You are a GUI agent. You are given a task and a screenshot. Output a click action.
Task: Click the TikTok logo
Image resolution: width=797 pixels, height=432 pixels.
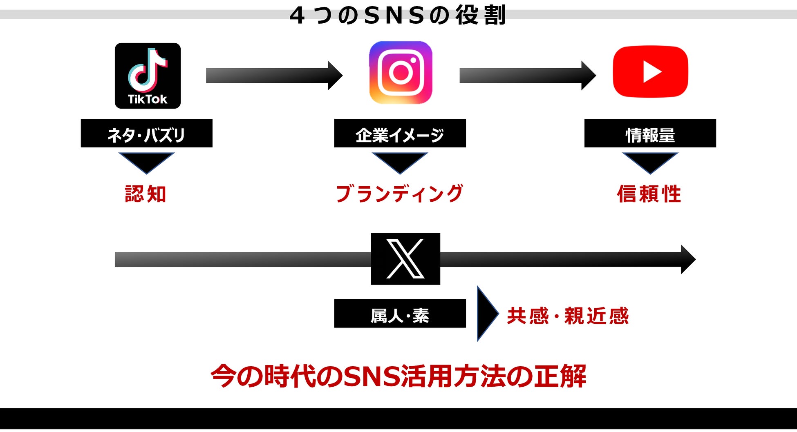148,76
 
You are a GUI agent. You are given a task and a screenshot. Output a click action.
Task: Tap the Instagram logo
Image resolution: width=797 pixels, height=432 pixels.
401,73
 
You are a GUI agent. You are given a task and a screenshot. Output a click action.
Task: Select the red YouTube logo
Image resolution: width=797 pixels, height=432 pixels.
650,72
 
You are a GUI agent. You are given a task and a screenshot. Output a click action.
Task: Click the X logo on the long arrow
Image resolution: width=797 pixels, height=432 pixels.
405,259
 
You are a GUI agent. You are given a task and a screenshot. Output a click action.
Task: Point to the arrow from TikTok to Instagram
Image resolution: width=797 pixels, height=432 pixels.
274,76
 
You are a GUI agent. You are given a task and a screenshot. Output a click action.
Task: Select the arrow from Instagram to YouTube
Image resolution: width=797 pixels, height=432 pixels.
527,76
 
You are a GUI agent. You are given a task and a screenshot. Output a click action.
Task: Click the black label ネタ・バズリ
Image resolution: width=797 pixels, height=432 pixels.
146,134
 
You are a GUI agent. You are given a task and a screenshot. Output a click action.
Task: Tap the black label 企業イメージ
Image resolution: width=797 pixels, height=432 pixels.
400,134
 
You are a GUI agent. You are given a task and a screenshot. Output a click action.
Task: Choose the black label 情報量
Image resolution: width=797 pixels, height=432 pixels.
650,134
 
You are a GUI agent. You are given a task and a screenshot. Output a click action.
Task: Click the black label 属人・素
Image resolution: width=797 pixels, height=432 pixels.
400,314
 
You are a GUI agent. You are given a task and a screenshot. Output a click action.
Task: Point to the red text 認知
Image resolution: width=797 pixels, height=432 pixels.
146,194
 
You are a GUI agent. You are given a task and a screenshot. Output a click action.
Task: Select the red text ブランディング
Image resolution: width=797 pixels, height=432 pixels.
399,194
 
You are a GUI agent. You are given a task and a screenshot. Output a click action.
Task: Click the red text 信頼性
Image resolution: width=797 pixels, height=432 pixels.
649,194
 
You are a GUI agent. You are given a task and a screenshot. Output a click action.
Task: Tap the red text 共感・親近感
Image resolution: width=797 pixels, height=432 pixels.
567,316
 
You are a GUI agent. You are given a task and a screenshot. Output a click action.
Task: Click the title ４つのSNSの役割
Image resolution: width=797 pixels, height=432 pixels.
398,16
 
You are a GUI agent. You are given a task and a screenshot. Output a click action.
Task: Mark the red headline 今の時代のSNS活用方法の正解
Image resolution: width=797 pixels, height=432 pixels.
398,376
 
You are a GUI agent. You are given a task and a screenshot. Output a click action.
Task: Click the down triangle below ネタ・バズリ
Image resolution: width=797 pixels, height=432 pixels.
146,162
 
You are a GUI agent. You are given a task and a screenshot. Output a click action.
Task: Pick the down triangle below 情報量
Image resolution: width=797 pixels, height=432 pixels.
650,162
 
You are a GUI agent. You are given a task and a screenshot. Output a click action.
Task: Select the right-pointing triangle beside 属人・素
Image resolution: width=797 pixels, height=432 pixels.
486,314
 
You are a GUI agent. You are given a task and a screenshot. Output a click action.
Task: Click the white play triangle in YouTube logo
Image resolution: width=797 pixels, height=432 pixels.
652,72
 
